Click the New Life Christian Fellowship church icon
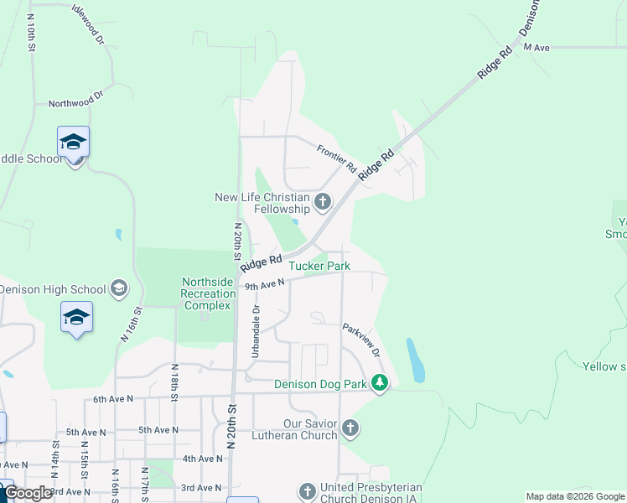pos(323,201)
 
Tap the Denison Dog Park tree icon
pos(380,383)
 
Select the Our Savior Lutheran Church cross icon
pos(350,429)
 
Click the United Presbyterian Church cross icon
pos(308,490)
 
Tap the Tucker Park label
pos(319,266)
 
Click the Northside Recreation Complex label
pos(208,293)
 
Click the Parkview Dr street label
pos(361,340)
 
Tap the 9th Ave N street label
pos(265,285)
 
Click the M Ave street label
pos(536,48)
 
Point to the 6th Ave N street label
pos(113,399)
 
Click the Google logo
pos(28,493)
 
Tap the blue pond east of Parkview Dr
pos(414,360)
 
